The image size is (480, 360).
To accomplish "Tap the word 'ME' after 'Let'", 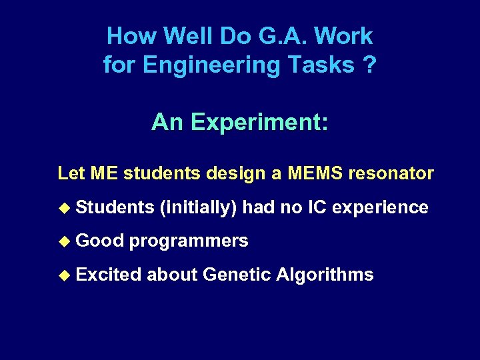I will (x=105, y=174).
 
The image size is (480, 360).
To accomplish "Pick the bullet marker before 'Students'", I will (x=63, y=208).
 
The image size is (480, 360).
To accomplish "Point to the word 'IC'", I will (x=317, y=207).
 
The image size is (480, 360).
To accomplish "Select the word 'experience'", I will (x=380, y=207).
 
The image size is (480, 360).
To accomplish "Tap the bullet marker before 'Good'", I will (x=63, y=241).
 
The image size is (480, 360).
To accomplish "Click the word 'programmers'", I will (x=189, y=241).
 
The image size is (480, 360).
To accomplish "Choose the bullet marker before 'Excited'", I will (x=63, y=275).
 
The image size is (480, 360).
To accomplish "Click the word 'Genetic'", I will (x=234, y=274).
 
